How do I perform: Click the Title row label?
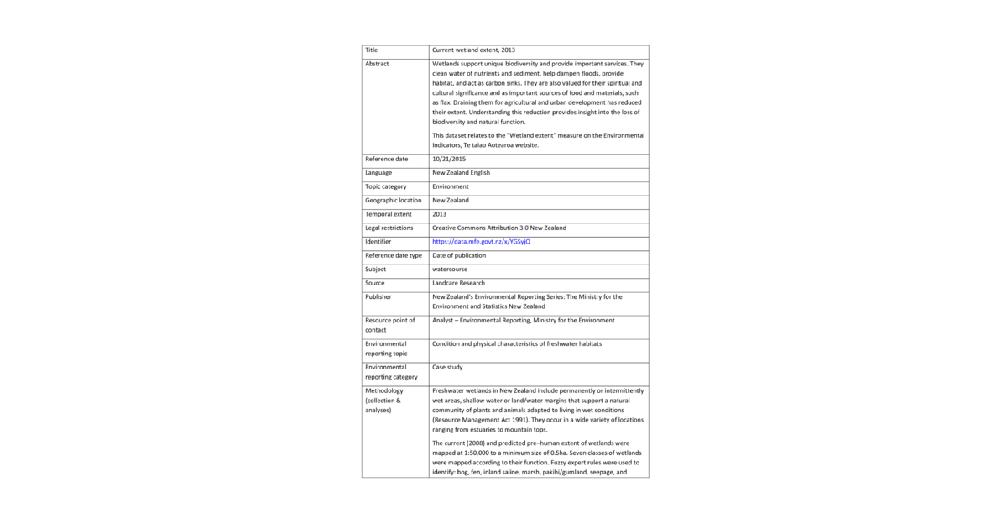click(372, 50)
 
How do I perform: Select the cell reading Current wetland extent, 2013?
click(473, 50)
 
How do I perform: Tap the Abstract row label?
click(377, 64)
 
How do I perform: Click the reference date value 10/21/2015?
click(449, 159)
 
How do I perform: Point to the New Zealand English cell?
click(461, 173)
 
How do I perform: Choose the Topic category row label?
click(386, 186)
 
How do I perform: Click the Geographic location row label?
click(394, 201)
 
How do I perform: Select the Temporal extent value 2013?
click(440, 214)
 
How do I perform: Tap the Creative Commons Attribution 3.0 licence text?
click(499, 228)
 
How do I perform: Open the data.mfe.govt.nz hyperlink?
click(481, 242)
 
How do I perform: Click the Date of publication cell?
click(459, 255)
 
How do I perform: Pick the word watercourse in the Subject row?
click(450, 270)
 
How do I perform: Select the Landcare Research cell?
click(458, 283)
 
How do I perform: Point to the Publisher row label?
click(378, 296)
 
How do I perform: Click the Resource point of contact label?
click(390, 325)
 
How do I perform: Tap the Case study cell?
click(447, 367)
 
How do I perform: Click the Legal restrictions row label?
click(389, 228)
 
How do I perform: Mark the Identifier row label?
click(378, 242)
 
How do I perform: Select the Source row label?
click(375, 283)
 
